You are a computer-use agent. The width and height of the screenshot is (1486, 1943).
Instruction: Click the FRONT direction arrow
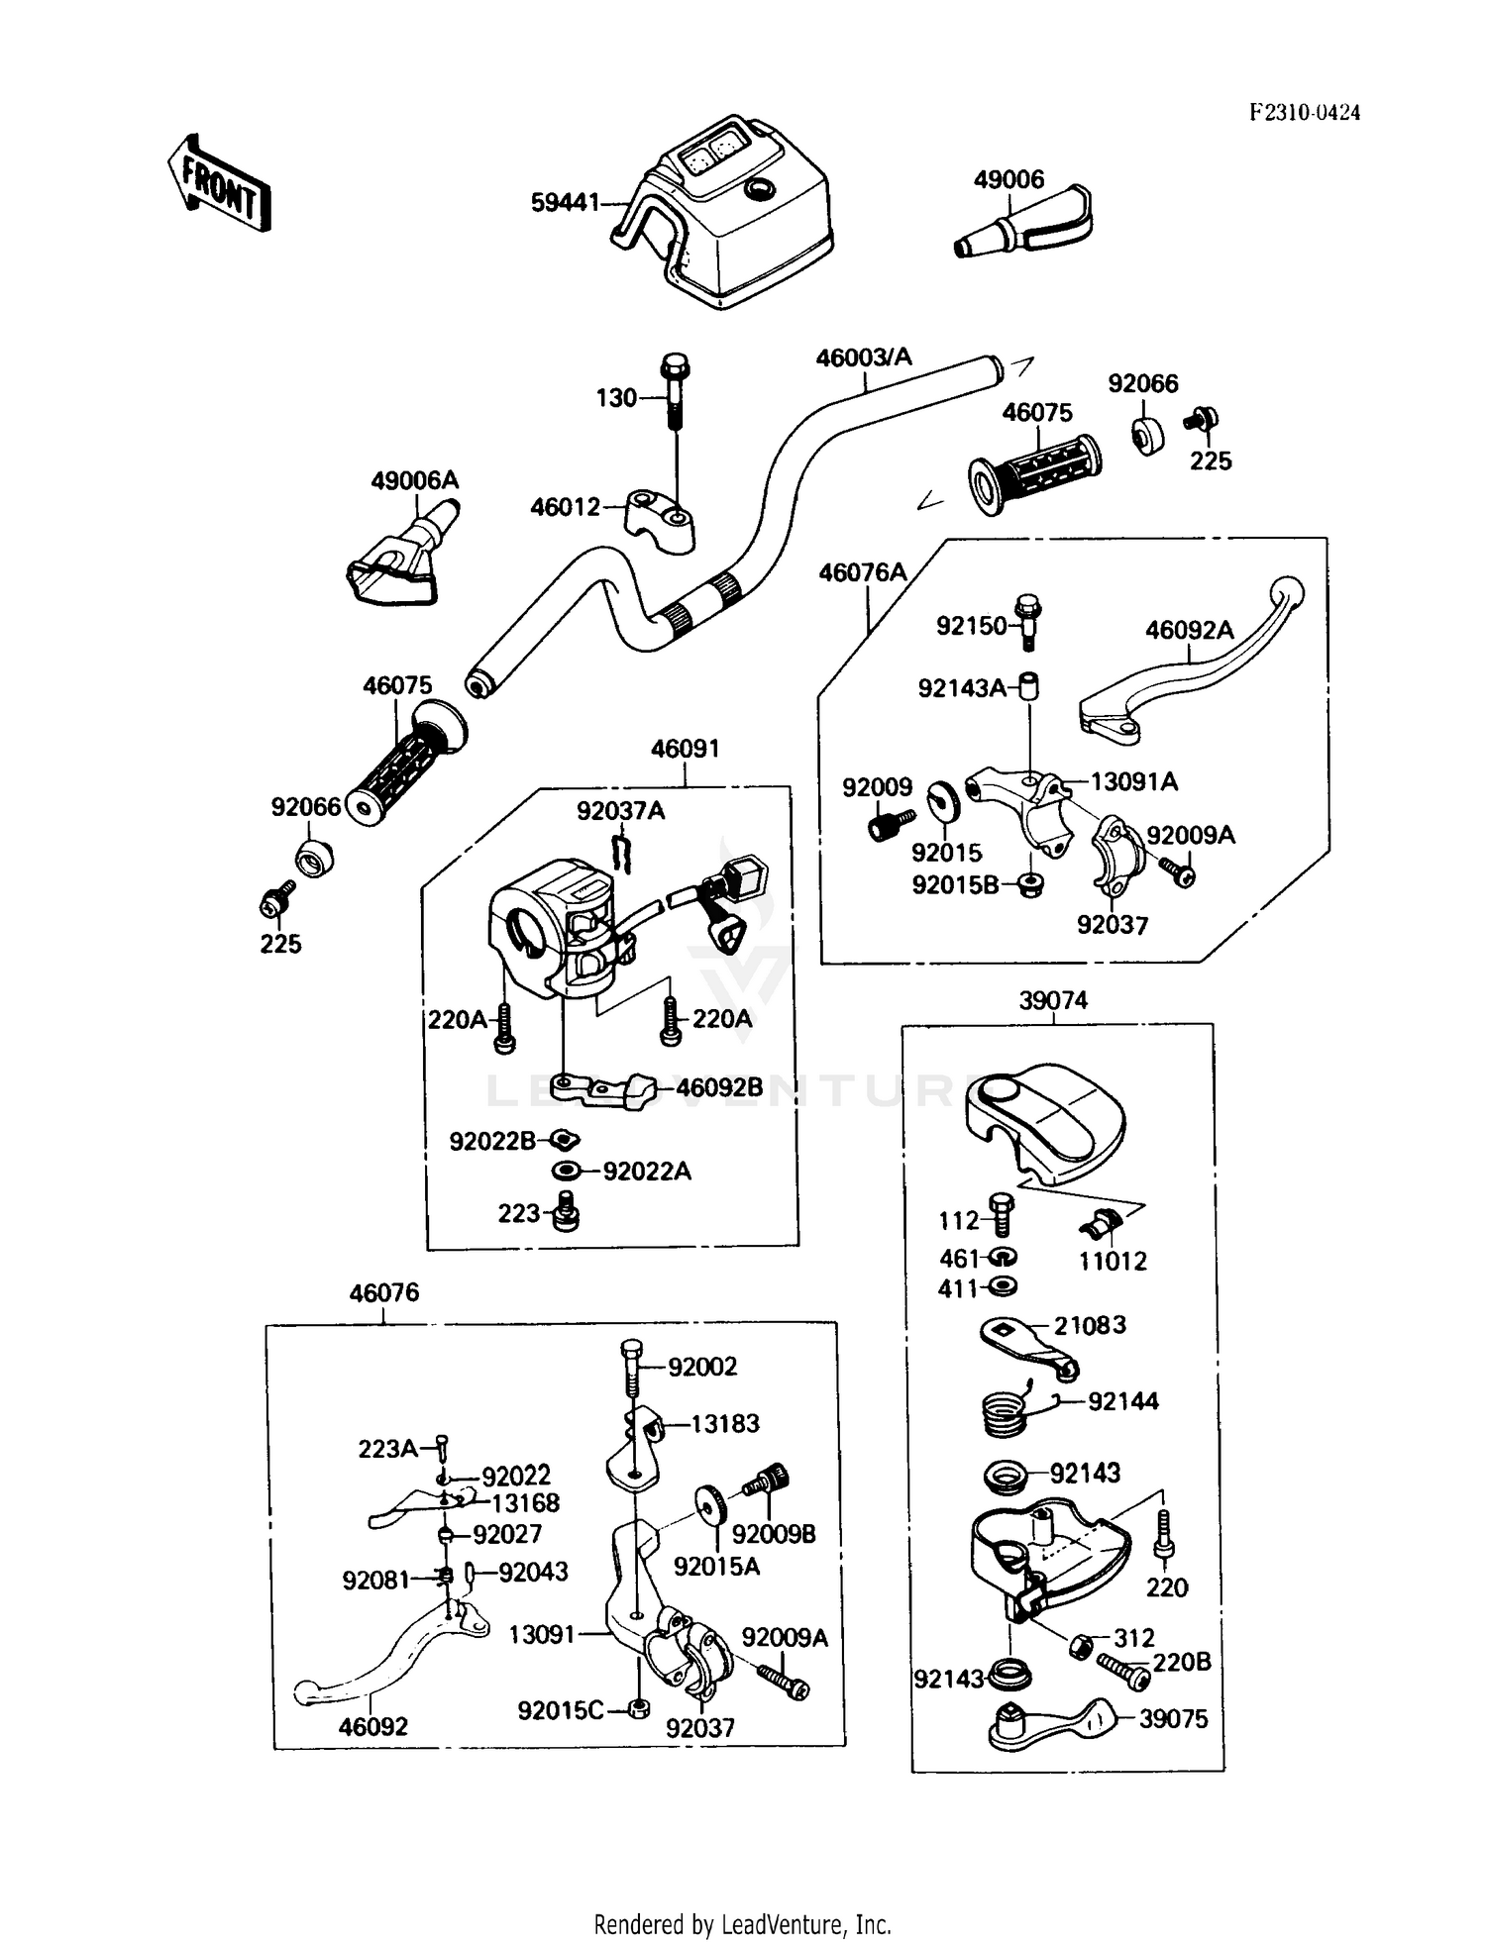click(x=218, y=183)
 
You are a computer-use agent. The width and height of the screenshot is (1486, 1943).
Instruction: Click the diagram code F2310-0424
click(x=1304, y=112)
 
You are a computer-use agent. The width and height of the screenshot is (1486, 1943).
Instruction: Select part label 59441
click(x=565, y=203)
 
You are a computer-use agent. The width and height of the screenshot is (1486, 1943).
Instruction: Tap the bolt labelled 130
click(x=675, y=391)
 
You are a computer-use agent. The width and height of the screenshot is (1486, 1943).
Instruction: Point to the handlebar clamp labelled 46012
click(x=659, y=520)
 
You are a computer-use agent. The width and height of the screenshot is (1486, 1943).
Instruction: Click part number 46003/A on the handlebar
click(x=864, y=358)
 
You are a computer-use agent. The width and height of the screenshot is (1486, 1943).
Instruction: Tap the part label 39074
click(x=1053, y=1001)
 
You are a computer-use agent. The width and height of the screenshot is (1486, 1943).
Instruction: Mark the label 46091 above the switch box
click(x=685, y=750)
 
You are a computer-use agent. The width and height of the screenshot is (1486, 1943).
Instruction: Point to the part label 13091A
click(x=1134, y=782)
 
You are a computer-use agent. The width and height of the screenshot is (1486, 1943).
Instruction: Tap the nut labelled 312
click(x=1081, y=1646)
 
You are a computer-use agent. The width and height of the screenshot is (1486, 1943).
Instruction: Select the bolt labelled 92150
click(x=1028, y=622)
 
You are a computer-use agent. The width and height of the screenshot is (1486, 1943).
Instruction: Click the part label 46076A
click(x=863, y=572)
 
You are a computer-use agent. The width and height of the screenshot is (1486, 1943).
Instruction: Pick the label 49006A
click(x=415, y=481)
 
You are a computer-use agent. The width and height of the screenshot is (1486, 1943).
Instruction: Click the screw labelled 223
click(x=567, y=1211)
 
